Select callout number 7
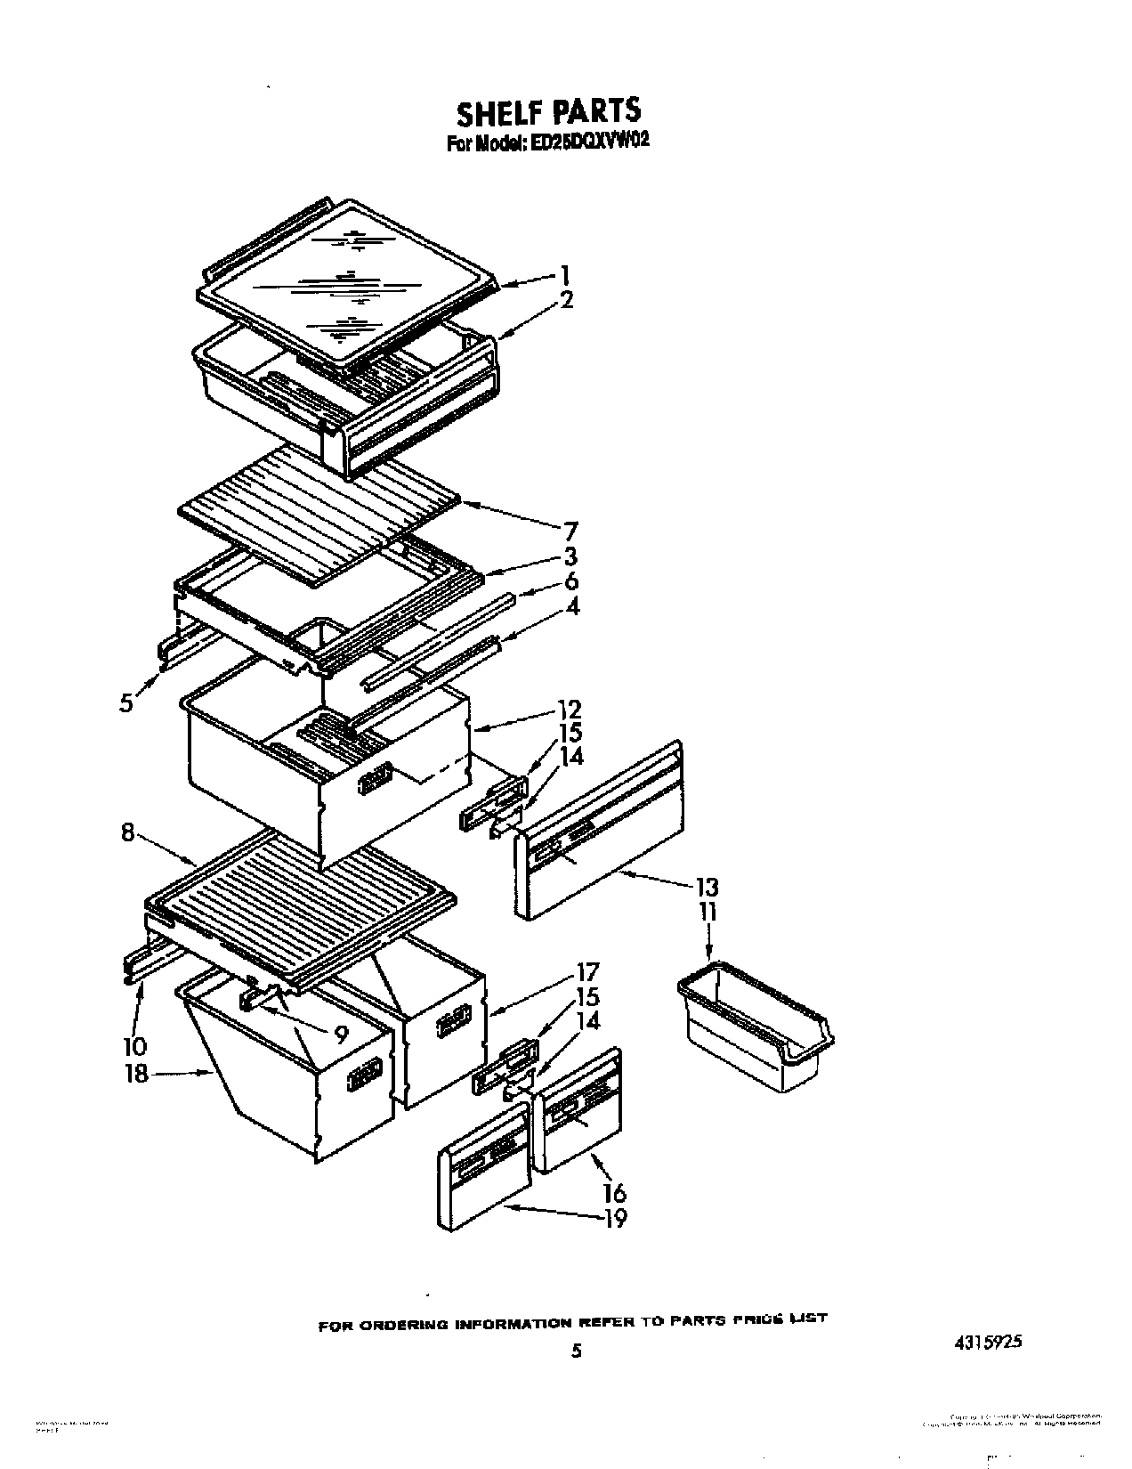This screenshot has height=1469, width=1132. pyautogui.click(x=570, y=532)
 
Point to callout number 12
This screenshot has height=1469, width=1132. pyautogui.click(x=570, y=710)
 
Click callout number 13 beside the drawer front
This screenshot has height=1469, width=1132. pyautogui.click(x=707, y=887)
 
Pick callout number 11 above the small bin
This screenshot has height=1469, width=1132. pyautogui.click(x=707, y=912)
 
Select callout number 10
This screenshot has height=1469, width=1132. pyautogui.click(x=135, y=1046)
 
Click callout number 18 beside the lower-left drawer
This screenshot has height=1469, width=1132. pyautogui.click(x=136, y=1074)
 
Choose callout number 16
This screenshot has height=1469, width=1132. pyautogui.click(x=615, y=1191)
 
